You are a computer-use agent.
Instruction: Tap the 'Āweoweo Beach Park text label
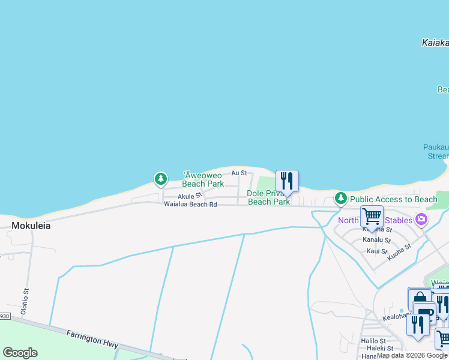[203, 179]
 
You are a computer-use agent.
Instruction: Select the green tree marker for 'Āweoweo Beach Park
[160, 179]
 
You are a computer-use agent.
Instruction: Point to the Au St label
[240, 173]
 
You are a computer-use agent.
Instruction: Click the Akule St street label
[189, 196]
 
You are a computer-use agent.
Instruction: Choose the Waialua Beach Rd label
[190, 205]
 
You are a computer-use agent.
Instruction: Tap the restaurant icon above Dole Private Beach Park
[287, 181]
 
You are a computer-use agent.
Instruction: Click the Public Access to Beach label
[394, 199]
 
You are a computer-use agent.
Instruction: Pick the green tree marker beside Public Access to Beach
[341, 198]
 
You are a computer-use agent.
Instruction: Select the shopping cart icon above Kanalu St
[372, 216]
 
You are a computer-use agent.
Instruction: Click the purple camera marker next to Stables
[421, 220]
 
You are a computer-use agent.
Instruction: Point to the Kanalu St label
[377, 240]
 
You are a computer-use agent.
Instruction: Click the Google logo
[20, 353]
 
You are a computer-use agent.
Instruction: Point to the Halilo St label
[373, 340]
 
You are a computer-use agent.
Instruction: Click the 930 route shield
[4, 316]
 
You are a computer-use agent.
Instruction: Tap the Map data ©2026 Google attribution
[412, 356]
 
